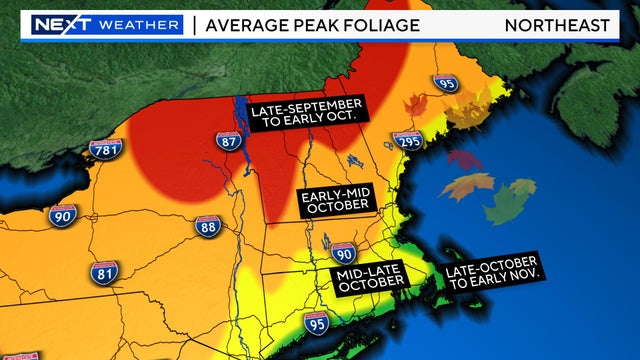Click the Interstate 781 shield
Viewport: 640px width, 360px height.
(105, 151)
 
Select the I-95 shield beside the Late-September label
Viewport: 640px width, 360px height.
(447, 85)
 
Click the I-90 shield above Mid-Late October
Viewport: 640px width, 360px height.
(343, 250)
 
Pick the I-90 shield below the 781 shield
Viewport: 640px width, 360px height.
(63, 213)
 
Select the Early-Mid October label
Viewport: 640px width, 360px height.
(336, 200)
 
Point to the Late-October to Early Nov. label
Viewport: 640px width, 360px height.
(492, 266)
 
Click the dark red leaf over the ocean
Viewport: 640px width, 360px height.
(463, 160)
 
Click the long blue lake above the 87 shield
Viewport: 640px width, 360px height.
(241, 113)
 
